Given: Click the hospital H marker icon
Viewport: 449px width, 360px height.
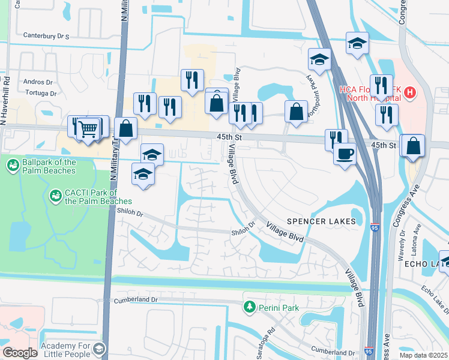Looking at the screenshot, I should point(409,92).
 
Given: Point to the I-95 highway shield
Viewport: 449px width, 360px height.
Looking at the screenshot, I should point(375,228).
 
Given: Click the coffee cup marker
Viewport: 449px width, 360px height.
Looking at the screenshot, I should point(345,153).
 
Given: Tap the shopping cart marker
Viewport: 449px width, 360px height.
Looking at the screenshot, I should point(88,128).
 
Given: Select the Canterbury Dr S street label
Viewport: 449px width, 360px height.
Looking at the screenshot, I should point(46,36).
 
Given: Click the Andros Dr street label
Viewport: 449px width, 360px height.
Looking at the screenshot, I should point(38,82).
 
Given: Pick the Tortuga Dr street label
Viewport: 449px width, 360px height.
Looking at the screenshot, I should point(41,93).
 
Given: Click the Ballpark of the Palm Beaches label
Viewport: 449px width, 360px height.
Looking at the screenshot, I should point(49,166).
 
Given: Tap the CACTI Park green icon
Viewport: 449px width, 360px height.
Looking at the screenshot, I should point(55,195).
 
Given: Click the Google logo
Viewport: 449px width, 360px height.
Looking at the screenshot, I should point(20,353).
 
